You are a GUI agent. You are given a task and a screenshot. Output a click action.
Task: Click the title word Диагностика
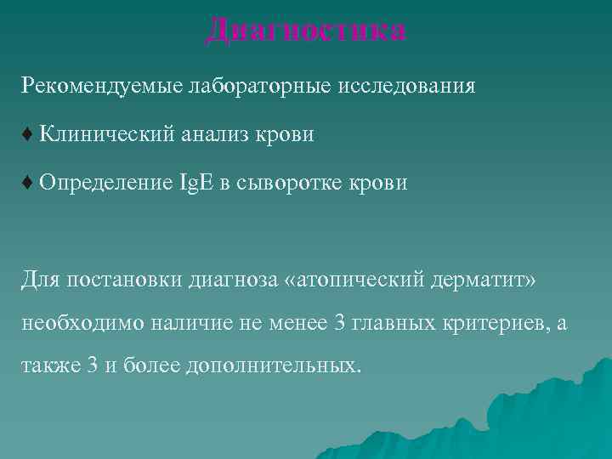point(306,31)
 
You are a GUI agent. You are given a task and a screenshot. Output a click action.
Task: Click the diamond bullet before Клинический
point(28,134)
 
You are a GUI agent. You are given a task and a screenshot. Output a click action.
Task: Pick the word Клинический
point(106,134)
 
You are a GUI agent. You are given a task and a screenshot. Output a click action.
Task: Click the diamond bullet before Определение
point(28,183)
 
